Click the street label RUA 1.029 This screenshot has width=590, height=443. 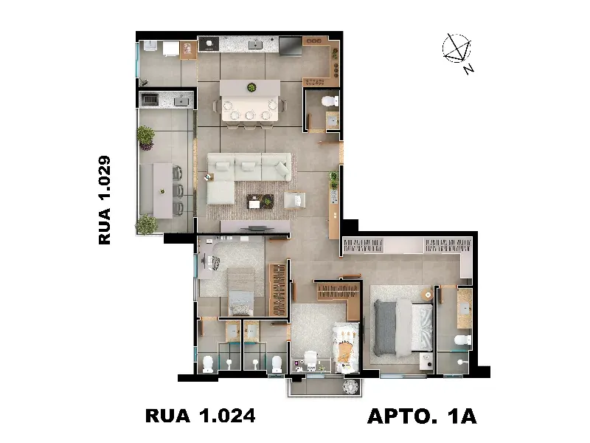(105, 200)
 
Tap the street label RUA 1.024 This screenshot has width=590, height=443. (200, 416)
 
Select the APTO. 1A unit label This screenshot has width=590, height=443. (422, 416)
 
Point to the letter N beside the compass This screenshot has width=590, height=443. (468, 69)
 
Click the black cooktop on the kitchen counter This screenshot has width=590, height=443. (209, 44)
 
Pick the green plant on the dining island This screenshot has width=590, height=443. (251, 88)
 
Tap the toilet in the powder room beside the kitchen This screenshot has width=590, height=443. (330, 101)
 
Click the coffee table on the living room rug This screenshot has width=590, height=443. (260, 202)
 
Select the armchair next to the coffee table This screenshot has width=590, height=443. (294, 200)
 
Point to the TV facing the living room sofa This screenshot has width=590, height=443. (255, 228)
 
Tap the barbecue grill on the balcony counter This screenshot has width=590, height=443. (151, 100)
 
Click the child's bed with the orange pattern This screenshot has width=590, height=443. (346, 348)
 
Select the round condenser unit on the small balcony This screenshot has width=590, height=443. (352, 386)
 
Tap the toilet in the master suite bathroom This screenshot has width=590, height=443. (462, 340)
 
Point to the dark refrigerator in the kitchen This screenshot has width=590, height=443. (290, 46)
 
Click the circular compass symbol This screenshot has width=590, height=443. (457, 48)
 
